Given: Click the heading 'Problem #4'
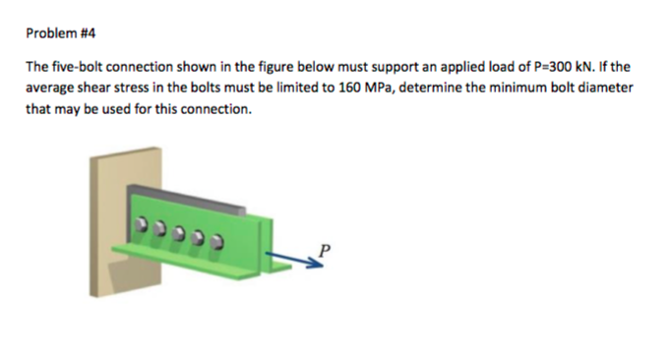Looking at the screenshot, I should pyautogui.click(x=60, y=32).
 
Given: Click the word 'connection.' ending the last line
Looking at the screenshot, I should pyautogui.click(x=220, y=108).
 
